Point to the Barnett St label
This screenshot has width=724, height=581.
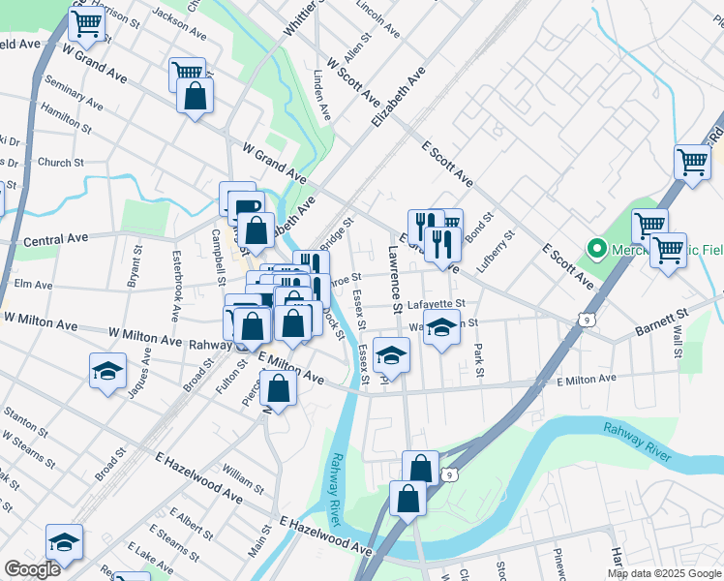coord(661,321)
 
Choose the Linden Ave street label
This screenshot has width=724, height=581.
coord(323,95)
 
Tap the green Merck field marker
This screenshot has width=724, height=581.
coord(597,250)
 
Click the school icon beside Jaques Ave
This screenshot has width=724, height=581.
coord(107,369)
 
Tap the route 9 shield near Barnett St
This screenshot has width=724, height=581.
coord(589,318)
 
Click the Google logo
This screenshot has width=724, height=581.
coord(32,569)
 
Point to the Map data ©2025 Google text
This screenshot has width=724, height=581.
coord(663,573)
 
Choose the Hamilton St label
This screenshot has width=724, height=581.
coord(67,121)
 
